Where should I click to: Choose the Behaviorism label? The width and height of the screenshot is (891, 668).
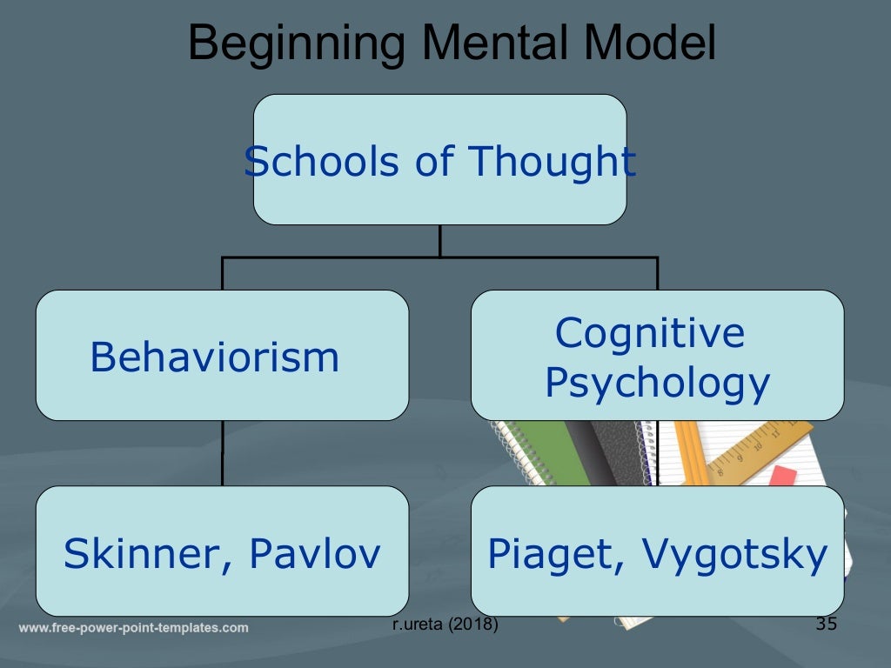coord(214,357)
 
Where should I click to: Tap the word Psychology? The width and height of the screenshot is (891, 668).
coord(657,383)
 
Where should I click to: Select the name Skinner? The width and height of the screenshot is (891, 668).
coord(139,554)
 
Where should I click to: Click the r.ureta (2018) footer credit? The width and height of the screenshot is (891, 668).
coord(445,625)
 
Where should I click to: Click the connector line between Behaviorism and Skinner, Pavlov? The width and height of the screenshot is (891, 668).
coord(223,453)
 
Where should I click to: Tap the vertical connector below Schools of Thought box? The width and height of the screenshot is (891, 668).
coord(440,241)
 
